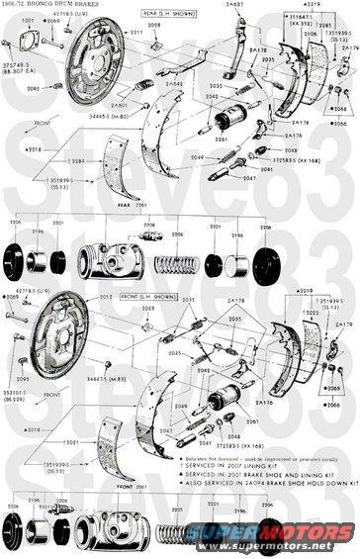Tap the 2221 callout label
click(x=178, y=503)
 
